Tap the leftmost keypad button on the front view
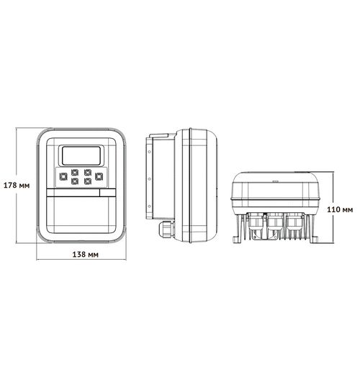coord(63,175)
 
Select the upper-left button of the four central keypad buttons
coord(74,173)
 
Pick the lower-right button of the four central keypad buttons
coord(86,181)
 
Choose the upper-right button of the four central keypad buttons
coord(86,173)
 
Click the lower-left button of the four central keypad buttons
coord(74,181)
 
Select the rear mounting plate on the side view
coord(148,180)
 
